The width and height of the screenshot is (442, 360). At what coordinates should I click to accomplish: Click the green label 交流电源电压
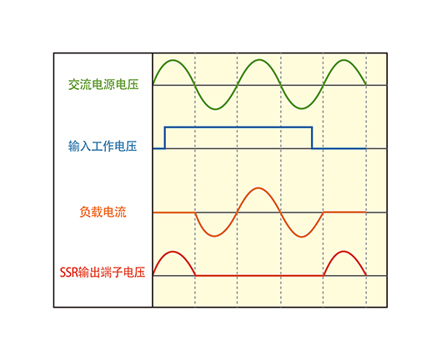click(103, 84)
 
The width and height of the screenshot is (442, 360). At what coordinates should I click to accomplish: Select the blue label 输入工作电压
click(103, 147)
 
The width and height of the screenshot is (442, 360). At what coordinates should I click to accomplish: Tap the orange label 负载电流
click(103, 212)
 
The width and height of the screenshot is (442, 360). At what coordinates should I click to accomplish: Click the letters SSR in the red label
click(68, 272)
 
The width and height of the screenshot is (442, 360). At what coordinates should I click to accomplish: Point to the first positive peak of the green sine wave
click(173, 60)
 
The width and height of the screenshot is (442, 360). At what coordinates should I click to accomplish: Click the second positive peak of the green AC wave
click(259, 60)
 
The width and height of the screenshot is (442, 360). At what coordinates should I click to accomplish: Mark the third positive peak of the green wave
click(344, 60)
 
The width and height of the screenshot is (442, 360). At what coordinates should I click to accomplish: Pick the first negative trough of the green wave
click(215, 108)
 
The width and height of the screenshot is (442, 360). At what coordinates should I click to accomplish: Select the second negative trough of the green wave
click(302, 108)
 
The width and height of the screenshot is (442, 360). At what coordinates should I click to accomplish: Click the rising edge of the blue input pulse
click(165, 137)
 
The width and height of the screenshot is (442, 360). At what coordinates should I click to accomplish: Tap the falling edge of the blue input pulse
click(312, 137)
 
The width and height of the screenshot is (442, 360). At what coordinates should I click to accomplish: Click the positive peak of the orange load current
click(259, 188)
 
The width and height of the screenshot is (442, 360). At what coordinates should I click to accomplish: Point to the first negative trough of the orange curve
click(214, 236)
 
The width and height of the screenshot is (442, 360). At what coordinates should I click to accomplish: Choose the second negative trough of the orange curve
click(301, 237)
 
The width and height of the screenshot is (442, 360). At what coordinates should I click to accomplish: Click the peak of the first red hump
click(173, 252)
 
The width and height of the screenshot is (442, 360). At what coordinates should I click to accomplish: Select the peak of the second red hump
click(344, 252)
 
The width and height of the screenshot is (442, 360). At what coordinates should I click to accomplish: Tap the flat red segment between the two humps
click(259, 276)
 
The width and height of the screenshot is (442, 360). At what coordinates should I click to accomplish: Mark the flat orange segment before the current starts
click(174, 212)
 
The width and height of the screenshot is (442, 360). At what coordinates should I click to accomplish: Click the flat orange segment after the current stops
click(344, 212)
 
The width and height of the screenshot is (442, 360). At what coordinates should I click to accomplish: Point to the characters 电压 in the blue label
click(126, 147)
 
